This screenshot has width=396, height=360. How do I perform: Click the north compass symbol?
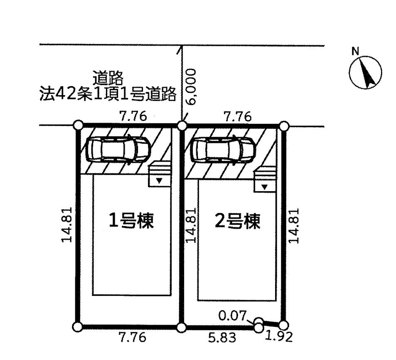pos(365,72)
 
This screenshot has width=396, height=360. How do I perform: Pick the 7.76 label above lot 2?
pos(238,117)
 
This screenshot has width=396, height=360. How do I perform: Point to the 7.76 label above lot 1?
pos(133,116)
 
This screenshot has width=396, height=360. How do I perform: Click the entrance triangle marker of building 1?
pos(159,180)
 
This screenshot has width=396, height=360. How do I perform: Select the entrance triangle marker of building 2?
pos(264,187)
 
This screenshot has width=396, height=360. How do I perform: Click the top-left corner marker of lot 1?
pos(78,125)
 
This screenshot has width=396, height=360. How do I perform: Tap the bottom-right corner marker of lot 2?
pos(284,325)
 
